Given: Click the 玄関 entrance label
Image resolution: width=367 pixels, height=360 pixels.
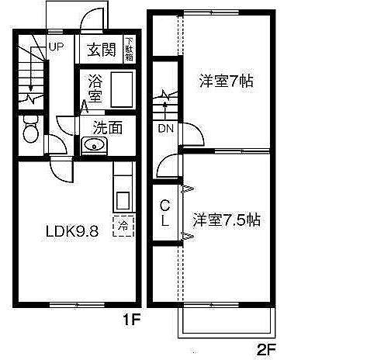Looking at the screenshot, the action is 102,50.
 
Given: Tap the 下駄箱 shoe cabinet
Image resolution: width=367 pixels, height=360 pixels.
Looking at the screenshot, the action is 129,49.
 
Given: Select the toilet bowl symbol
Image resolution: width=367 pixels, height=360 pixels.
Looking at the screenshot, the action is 31,129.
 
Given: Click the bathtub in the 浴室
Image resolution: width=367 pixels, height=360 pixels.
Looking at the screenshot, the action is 122,89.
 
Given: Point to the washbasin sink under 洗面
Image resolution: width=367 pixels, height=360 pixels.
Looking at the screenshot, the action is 94,146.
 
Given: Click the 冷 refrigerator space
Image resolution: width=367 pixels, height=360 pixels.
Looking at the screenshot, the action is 123,227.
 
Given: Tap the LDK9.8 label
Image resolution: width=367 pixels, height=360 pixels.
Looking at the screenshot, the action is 72,231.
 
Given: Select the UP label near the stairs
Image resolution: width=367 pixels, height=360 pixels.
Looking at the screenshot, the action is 56,47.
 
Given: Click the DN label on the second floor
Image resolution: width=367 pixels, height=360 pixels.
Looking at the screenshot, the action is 165,128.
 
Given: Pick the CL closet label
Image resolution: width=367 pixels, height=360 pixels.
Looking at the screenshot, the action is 165,213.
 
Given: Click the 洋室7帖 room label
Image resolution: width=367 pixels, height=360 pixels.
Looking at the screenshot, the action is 226,81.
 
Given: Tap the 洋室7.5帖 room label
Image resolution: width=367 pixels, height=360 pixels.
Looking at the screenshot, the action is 227,220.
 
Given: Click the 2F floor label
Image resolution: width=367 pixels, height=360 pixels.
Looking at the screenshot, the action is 266,351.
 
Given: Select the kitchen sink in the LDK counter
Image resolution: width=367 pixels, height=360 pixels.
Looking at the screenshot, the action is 123,201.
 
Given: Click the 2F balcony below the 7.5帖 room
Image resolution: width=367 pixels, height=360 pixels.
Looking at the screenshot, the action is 227,323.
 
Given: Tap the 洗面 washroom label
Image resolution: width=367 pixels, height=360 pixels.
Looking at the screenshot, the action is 108,128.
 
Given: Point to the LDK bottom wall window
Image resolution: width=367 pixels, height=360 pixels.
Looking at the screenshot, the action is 77,305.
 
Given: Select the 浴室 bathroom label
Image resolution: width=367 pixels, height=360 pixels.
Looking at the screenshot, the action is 95,88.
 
